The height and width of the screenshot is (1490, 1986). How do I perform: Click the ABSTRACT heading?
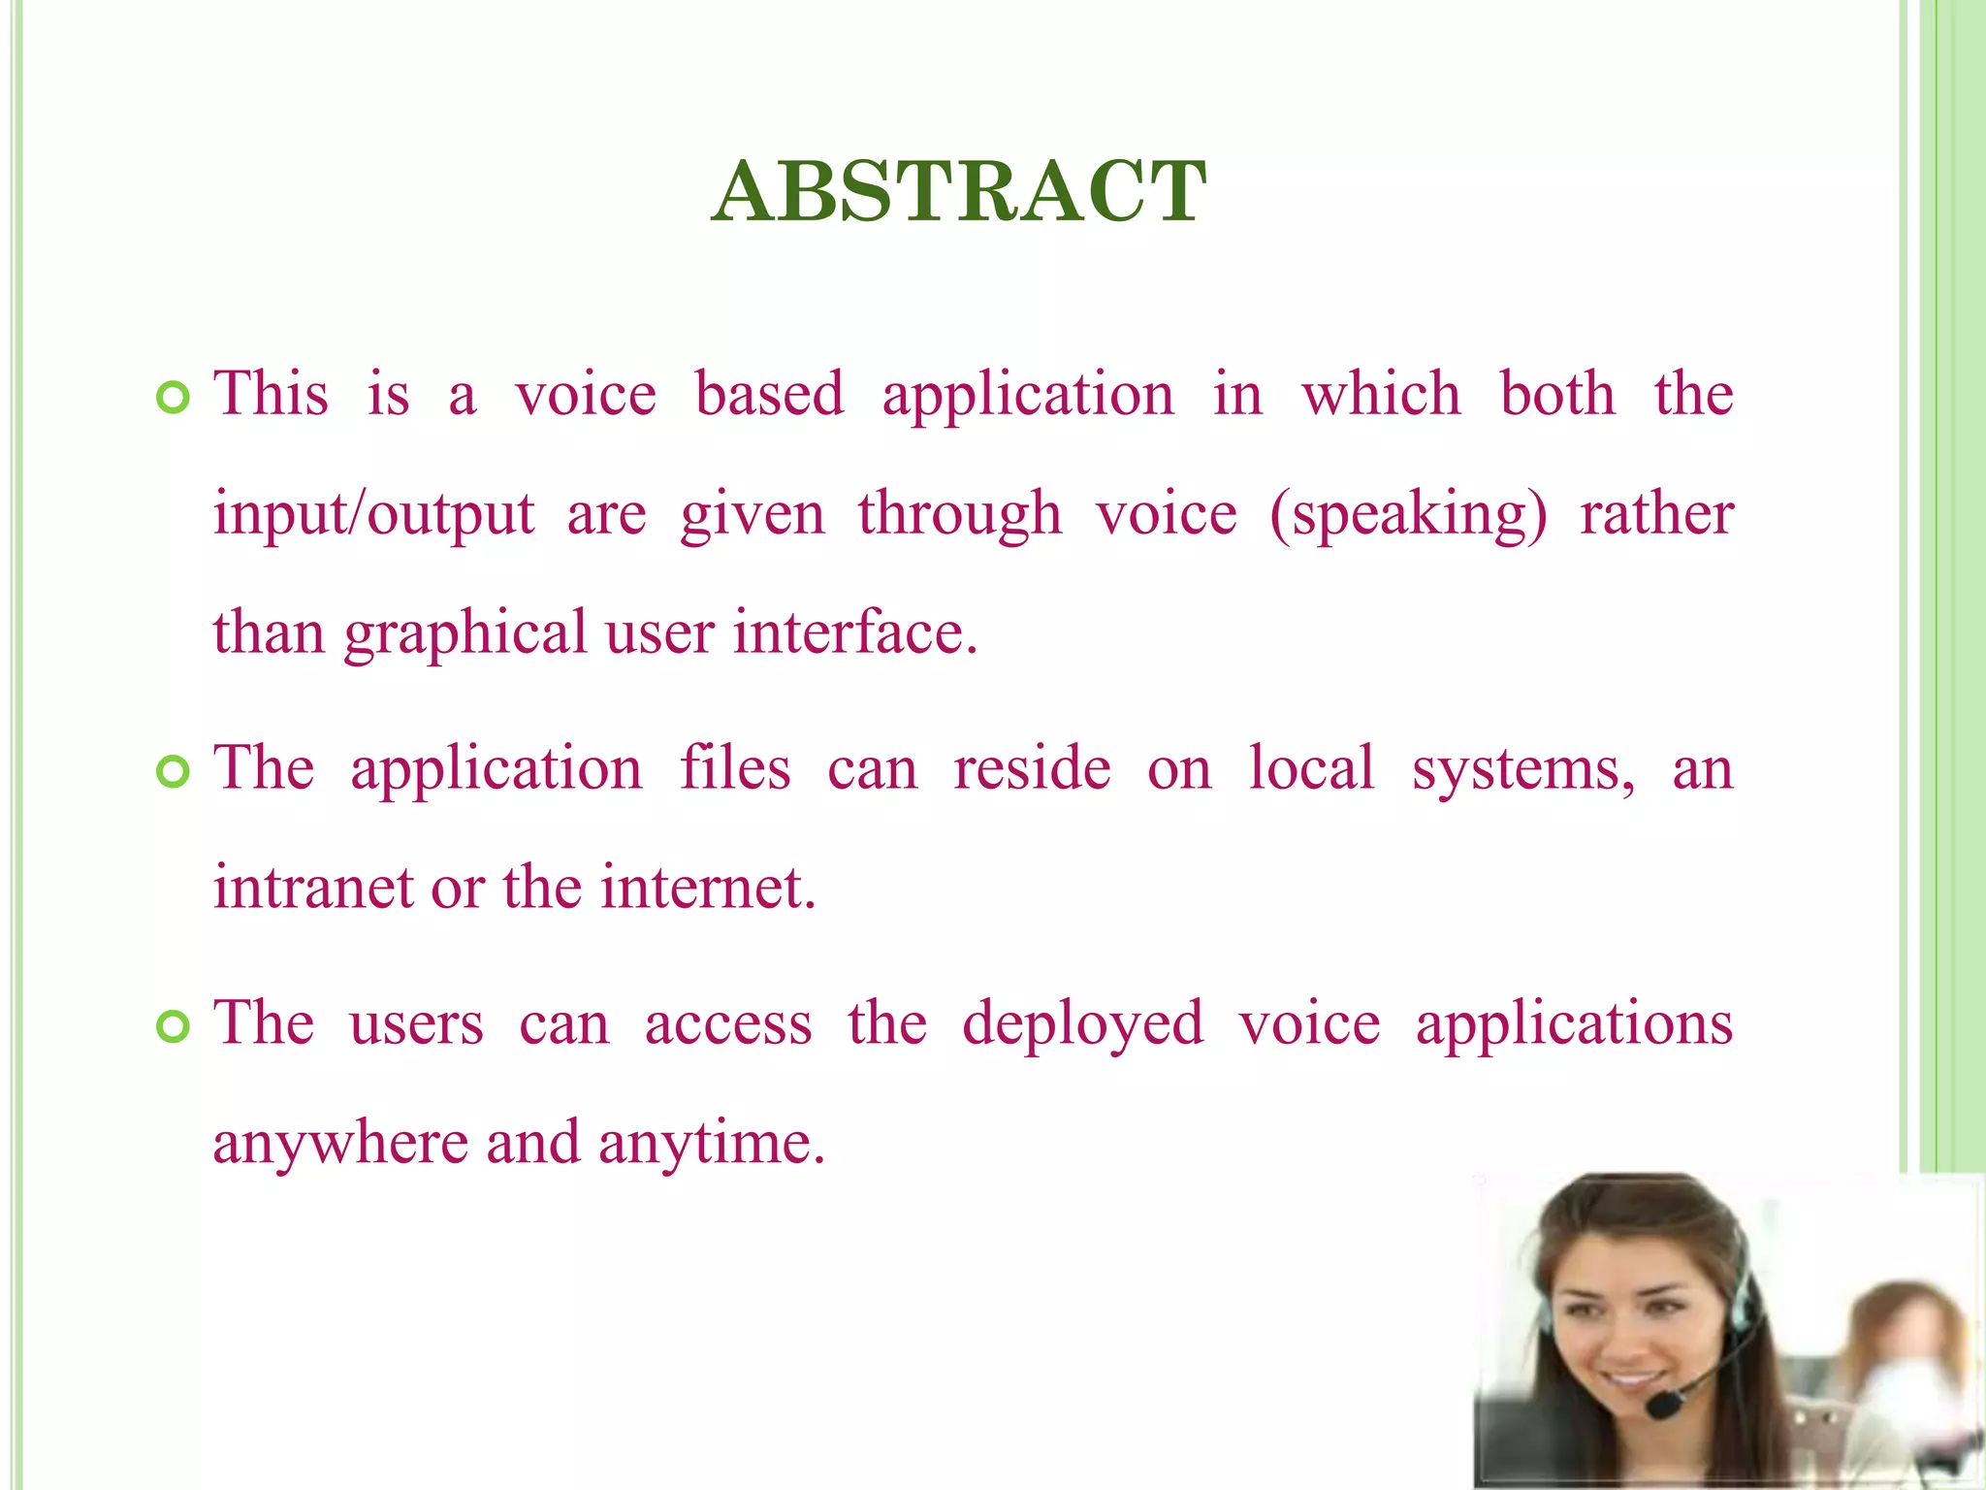pyautogui.click(x=958, y=191)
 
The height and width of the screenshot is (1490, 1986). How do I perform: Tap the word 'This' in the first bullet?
pyautogui.click(x=271, y=395)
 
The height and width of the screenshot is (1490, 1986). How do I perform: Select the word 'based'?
pyautogui.click(x=769, y=395)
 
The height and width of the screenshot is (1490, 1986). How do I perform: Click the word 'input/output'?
pyautogui.click(x=373, y=514)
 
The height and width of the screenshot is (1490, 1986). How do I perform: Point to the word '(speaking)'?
pyautogui.click(x=1408, y=514)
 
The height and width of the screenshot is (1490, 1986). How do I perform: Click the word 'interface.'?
pyautogui.click(x=855, y=632)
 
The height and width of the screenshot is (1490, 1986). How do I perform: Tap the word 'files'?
pyautogui.click(x=734, y=768)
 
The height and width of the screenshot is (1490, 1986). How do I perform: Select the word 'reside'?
pyautogui.click(x=1032, y=768)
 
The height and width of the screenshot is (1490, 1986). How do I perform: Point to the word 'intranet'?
pyautogui.click(x=313, y=888)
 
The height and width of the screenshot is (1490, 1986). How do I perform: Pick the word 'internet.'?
pyautogui.click(x=708, y=888)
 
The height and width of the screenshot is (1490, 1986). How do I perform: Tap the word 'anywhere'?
pyautogui.click(x=340, y=1144)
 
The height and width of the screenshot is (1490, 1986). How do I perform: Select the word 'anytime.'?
pyautogui.click(x=711, y=1144)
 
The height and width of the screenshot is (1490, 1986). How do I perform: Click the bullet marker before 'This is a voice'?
pyautogui.click(x=173, y=398)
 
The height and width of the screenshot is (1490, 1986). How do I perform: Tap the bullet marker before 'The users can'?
pyautogui.click(x=173, y=1026)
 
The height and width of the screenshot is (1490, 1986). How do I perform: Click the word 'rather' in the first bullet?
pyautogui.click(x=1656, y=514)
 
